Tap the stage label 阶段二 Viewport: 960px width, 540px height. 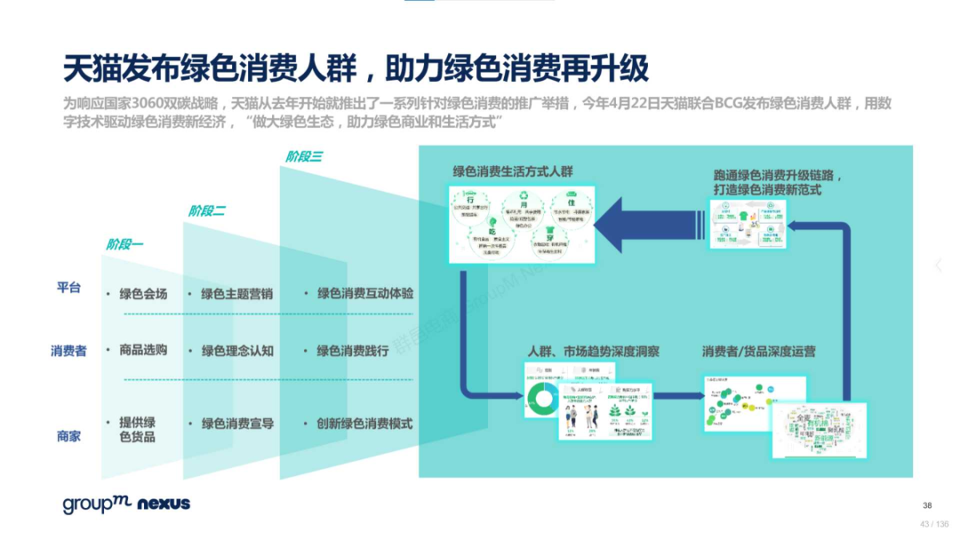pyautogui.click(x=206, y=210)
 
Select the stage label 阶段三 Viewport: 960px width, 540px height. pyautogui.click(x=304, y=156)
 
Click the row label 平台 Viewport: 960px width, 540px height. pyautogui.click(x=68, y=287)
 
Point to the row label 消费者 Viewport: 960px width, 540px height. pyautogui.click(x=68, y=351)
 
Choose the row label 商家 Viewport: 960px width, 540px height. pyautogui.click(x=68, y=436)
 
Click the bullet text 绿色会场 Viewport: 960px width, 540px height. pyautogui.click(x=143, y=294)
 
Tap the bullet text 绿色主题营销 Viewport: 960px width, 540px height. pyautogui.click(x=236, y=294)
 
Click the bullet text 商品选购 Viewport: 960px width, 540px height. pyautogui.click(x=143, y=350)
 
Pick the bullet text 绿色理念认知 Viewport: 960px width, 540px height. pyautogui.click(x=236, y=351)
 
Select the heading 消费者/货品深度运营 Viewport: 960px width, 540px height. pyautogui.click(x=758, y=352)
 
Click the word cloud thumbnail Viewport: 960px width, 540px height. pyautogui.click(x=818, y=431)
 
